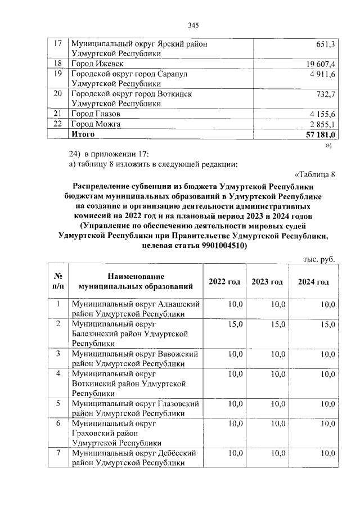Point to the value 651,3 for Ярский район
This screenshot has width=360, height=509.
[326, 44]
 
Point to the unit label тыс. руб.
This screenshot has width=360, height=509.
[319, 259]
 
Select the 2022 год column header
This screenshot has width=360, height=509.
[224, 281]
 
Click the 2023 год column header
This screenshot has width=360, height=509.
[267, 281]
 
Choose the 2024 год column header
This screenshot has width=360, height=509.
[313, 281]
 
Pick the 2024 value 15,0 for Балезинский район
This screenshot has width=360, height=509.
[327, 325]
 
